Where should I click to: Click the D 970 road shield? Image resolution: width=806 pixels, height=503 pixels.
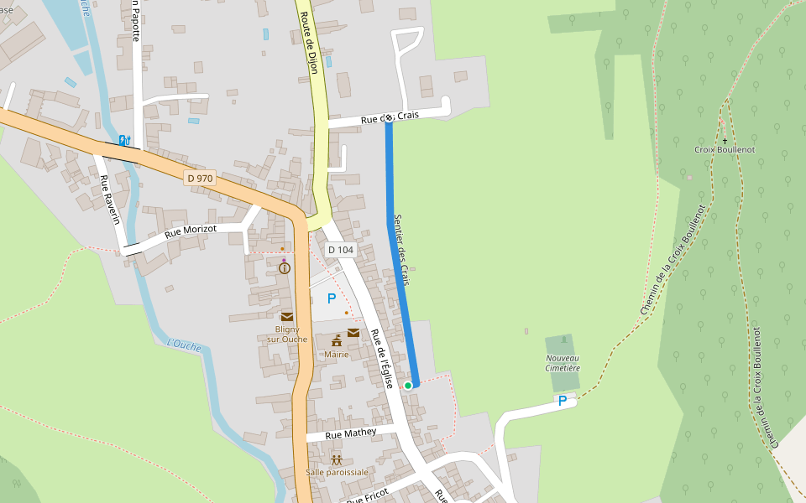pyautogui.click(x=200, y=178)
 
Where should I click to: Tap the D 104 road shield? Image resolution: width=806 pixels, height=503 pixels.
pyautogui.click(x=342, y=250)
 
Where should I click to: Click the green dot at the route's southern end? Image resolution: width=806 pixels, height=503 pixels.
pyautogui.click(x=408, y=385)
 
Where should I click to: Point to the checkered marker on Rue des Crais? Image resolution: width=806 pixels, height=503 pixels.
pyautogui.click(x=389, y=118)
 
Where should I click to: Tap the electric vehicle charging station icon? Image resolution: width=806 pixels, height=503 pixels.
pyautogui.click(x=125, y=140)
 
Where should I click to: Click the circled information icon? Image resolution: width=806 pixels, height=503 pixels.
pyautogui.click(x=285, y=268)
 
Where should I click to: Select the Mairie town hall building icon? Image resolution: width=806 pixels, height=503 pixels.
pyautogui.click(x=337, y=340)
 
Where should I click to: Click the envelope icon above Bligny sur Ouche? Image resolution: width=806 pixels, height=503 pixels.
pyautogui.click(x=287, y=317)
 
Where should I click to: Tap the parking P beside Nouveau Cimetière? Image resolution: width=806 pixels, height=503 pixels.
pyautogui.click(x=563, y=402)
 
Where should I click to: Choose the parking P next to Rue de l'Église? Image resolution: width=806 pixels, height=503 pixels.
pyautogui.click(x=332, y=298)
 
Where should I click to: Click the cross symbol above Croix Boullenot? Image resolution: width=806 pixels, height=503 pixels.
pyautogui.click(x=725, y=140)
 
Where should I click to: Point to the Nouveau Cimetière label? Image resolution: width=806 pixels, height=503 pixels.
pyautogui.click(x=563, y=363)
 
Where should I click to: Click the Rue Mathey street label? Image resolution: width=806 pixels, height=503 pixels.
pyautogui.click(x=351, y=433)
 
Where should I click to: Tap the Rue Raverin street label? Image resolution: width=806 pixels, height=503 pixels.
pyautogui.click(x=110, y=200)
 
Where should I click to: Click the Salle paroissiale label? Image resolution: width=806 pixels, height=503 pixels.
pyautogui.click(x=337, y=472)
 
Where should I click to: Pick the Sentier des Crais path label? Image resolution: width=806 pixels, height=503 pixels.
pyautogui.click(x=401, y=249)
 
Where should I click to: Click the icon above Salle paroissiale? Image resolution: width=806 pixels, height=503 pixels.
pyautogui.click(x=337, y=459)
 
